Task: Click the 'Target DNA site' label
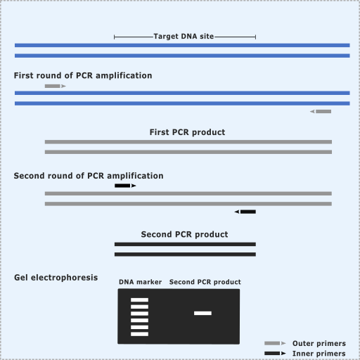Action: click(184, 37)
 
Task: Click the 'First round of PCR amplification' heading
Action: click(83, 75)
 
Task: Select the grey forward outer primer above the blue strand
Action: click(56, 86)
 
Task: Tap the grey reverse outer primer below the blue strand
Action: click(321, 111)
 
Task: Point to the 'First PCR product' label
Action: click(187, 132)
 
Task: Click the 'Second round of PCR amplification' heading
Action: click(89, 176)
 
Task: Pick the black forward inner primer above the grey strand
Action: click(125, 186)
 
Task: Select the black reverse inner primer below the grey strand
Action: click(245, 212)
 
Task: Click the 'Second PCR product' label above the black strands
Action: click(184, 234)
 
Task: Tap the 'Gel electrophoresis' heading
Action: click(56, 278)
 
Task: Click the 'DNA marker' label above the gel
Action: click(140, 282)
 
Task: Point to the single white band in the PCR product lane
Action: click(202, 313)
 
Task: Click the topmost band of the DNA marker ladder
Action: click(139, 300)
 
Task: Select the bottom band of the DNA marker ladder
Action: click(139, 334)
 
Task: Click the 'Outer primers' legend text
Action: click(319, 344)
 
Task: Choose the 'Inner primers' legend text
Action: click(319, 354)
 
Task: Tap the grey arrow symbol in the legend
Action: click(275, 343)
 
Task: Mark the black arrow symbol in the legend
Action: click(275, 353)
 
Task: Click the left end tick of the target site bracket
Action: click(114, 37)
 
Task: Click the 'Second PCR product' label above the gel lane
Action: click(205, 282)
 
